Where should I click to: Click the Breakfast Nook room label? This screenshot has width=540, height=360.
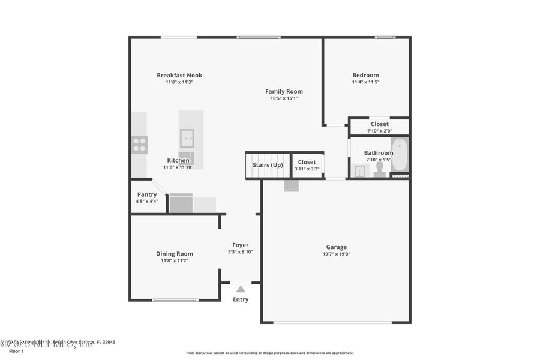[179, 75]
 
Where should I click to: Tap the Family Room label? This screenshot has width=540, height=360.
[284, 91]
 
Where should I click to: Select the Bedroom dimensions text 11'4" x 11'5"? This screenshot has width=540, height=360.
[365, 82]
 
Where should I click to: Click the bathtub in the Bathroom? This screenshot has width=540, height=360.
[400, 155]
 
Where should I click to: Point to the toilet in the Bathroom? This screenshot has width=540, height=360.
[380, 170]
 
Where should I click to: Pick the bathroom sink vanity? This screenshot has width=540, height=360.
[359, 172]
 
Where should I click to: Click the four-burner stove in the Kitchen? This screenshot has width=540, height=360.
[139, 145]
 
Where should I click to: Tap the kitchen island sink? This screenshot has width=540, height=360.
[187, 139]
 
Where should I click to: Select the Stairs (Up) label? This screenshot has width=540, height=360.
[268, 165]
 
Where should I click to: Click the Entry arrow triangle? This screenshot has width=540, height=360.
[241, 289]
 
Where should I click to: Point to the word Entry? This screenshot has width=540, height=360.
[241, 299]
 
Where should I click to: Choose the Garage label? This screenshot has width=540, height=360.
[336, 247]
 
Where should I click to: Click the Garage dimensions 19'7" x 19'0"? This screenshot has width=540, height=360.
[336, 254]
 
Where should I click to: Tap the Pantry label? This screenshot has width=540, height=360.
[147, 194]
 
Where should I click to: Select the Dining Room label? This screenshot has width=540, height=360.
[175, 254]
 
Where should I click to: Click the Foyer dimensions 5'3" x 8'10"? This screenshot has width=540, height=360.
[240, 252]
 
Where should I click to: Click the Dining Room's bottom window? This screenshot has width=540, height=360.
[175, 300]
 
